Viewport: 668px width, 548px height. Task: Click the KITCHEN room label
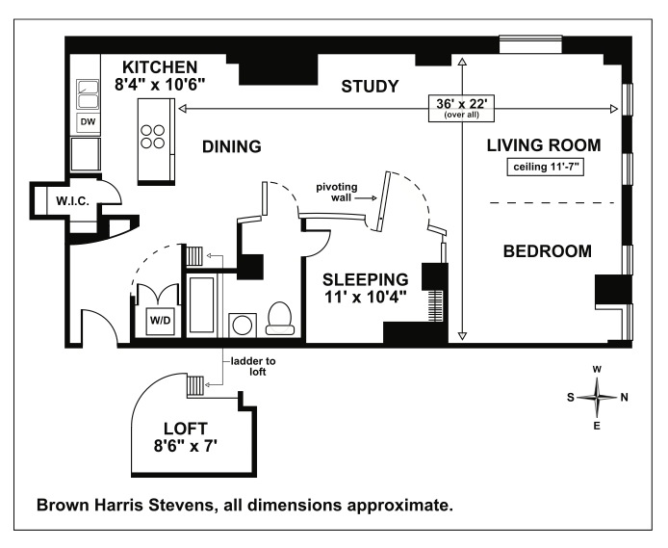pos(160,67)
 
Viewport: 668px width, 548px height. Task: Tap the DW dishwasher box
pos(88,122)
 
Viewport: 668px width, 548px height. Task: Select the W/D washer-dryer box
pos(160,320)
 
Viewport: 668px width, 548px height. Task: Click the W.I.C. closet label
pos(73,201)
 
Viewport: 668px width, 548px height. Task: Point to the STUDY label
pos(370,87)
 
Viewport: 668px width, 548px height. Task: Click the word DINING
pos(232,146)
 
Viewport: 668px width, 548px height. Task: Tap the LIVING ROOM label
pos(544,145)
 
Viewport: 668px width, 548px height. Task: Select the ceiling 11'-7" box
pos(546,167)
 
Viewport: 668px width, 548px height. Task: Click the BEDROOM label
pos(548,251)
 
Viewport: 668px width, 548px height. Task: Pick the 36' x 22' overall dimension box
pos(461,108)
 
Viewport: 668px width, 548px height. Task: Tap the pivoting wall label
pos(337,193)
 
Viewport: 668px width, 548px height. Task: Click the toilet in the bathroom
pos(279,319)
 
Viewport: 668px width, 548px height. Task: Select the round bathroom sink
pos(243,326)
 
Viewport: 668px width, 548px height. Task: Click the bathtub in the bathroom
pos(201,304)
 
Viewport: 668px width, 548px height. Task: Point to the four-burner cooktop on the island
pos(153,137)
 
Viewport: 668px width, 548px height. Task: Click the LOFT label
pos(186,429)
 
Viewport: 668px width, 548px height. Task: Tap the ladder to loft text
pos(253,367)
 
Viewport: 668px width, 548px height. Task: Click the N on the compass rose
pos(624,398)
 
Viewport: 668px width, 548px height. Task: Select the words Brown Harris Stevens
pos(125,505)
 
